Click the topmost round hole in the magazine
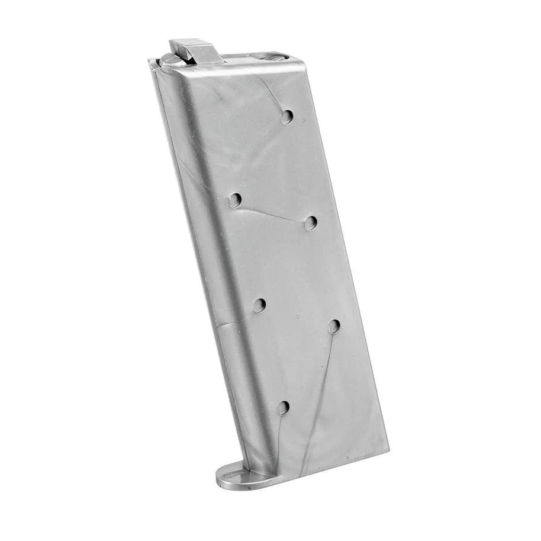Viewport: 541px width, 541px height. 286,117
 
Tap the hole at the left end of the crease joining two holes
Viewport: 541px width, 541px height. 236,200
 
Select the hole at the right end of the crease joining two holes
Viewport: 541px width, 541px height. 311,223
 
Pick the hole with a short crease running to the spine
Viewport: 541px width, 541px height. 259,305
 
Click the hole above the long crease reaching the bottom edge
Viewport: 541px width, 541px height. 334,326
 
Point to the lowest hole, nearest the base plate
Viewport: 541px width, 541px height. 283,407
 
